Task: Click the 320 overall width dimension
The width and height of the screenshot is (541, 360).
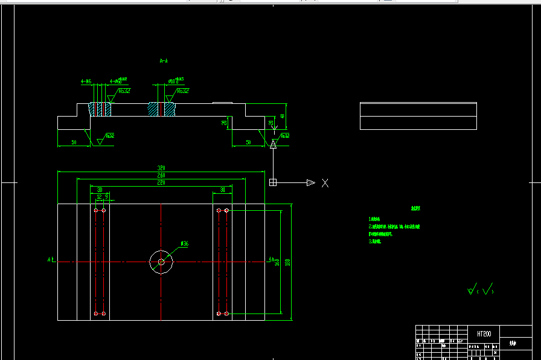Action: [x=161, y=168]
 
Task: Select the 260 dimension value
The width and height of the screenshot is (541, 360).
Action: [x=161, y=175]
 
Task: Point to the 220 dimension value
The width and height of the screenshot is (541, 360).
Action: [x=161, y=182]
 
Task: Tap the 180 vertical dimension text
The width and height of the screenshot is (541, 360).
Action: [x=288, y=262]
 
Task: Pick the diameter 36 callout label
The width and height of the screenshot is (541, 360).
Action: [x=185, y=244]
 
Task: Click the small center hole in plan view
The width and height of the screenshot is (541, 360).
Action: [x=161, y=262]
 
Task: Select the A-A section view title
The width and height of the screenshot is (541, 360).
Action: [x=164, y=61]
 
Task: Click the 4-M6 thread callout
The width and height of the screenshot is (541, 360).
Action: [x=86, y=80]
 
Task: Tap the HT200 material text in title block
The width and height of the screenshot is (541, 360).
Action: [x=484, y=333]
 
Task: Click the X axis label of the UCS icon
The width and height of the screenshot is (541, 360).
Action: [x=325, y=183]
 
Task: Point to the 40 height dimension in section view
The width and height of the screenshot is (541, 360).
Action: [x=282, y=116]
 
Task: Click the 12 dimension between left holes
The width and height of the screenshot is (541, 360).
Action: [x=99, y=196]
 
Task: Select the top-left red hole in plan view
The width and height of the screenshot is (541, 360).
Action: [x=96, y=210]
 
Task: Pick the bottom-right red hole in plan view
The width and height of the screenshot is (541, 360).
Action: [x=226, y=313]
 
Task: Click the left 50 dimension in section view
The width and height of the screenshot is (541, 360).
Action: [x=74, y=143]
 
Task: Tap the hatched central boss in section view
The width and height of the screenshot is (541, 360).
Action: [x=161, y=109]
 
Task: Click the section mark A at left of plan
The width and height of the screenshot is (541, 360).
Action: [x=50, y=260]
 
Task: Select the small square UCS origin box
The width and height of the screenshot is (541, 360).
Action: [x=273, y=182]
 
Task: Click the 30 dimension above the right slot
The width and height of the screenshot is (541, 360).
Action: [x=222, y=190]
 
